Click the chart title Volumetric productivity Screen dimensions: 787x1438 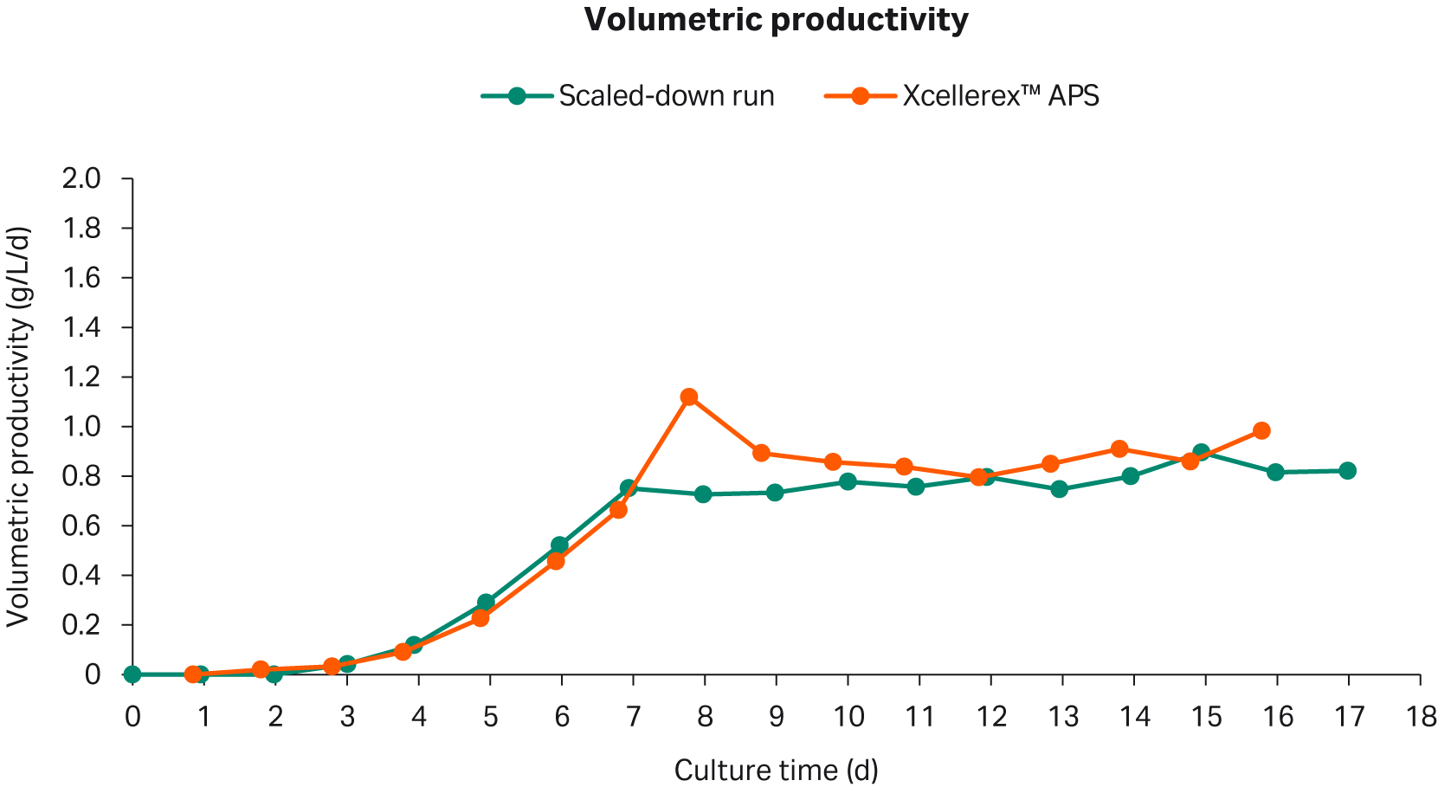(x=776, y=20)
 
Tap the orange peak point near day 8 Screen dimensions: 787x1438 (x=689, y=397)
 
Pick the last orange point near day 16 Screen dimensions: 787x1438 (x=1261, y=430)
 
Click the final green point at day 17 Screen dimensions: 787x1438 (x=1347, y=471)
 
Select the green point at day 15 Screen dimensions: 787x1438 (x=1201, y=453)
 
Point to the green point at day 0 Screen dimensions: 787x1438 (x=132, y=674)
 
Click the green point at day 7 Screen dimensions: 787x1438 (x=629, y=488)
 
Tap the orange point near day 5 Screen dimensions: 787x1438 (x=480, y=617)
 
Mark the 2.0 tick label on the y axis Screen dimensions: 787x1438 (x=81, y=179)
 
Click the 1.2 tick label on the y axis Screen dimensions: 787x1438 (x=81, y=377)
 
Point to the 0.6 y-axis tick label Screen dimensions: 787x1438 (x=81, y=526)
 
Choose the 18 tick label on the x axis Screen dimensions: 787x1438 (x=1420, y=717)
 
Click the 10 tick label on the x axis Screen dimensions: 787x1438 (x=848, y=717)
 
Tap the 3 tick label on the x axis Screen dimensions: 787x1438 (x=347, y=717)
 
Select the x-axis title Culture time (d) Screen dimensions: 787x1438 (x=776, y=770)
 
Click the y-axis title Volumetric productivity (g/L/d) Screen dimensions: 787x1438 (x=19, y=426)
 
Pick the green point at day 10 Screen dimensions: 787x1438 (x=848, y=481)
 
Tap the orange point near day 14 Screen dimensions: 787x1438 (x=1119, y=448)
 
